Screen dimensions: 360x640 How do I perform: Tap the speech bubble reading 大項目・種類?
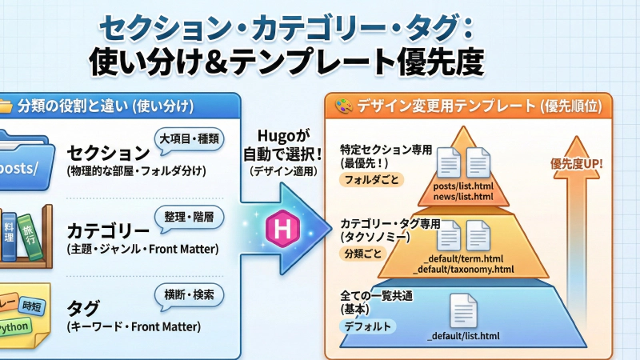click(190, 138)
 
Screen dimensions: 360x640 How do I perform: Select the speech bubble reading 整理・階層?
click(189, 218)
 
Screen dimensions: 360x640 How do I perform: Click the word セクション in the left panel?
click(109, 153)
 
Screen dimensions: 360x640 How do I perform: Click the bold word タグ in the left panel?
click(84, 309)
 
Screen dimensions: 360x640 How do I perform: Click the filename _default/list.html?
click(464, 334)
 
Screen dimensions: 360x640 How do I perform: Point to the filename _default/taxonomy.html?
click(467, 269)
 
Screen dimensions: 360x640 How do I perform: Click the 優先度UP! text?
click(577, 165)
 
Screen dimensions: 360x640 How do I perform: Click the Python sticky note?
click(14, 327)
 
